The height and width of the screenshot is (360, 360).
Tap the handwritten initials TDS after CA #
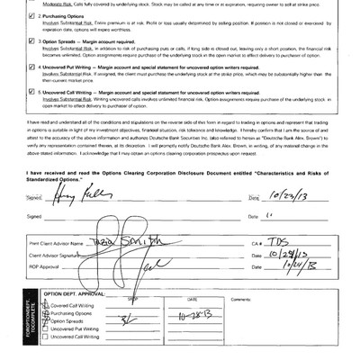coord(285,243)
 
